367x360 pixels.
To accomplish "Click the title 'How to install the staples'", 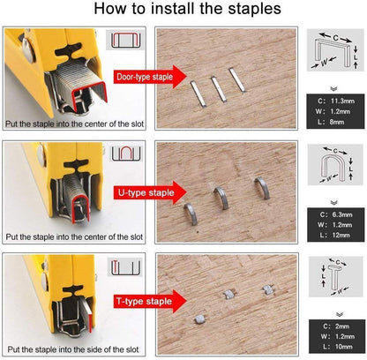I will [x=183, y=11].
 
